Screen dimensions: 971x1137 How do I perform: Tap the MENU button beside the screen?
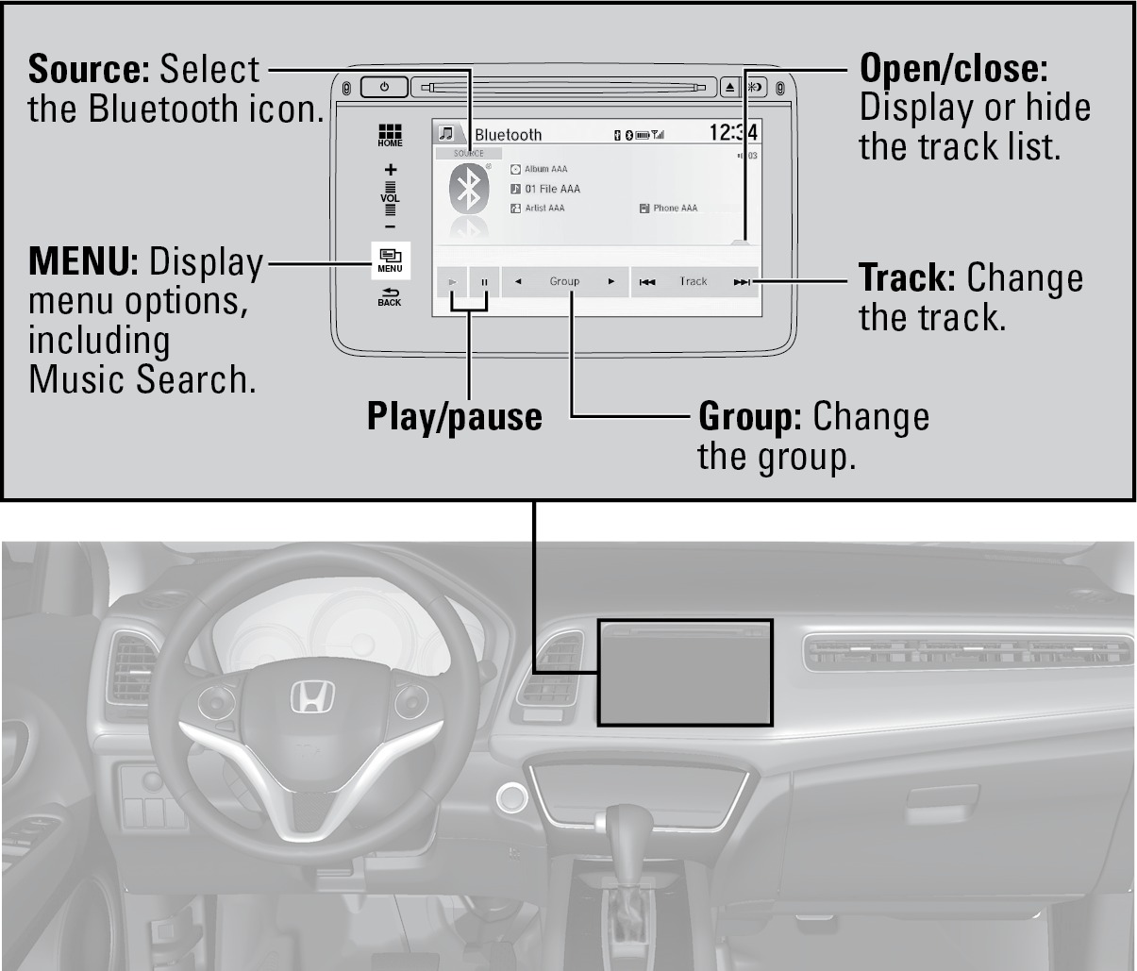click(x=390, y=259)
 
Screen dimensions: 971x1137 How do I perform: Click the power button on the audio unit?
click(x=384, y=88)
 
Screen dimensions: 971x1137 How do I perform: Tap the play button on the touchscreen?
click(x=452, y=281)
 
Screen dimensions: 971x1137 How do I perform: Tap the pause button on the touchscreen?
click(x=484, y=281)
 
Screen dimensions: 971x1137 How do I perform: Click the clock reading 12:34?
click(x=733, y=133)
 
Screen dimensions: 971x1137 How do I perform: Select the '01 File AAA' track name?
click(x=552, y=189)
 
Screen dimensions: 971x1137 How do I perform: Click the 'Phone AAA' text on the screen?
click(x=675, y=208)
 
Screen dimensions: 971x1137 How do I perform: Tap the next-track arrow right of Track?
click(x=742, y=281)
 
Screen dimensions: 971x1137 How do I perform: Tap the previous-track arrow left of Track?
click(x=647, y=281)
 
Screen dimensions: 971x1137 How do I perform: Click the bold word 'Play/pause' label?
click(x=455, y=416)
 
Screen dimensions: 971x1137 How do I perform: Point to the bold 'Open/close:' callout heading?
click(x=954, y=68)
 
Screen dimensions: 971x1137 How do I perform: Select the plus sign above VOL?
click(x=390, y=170)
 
